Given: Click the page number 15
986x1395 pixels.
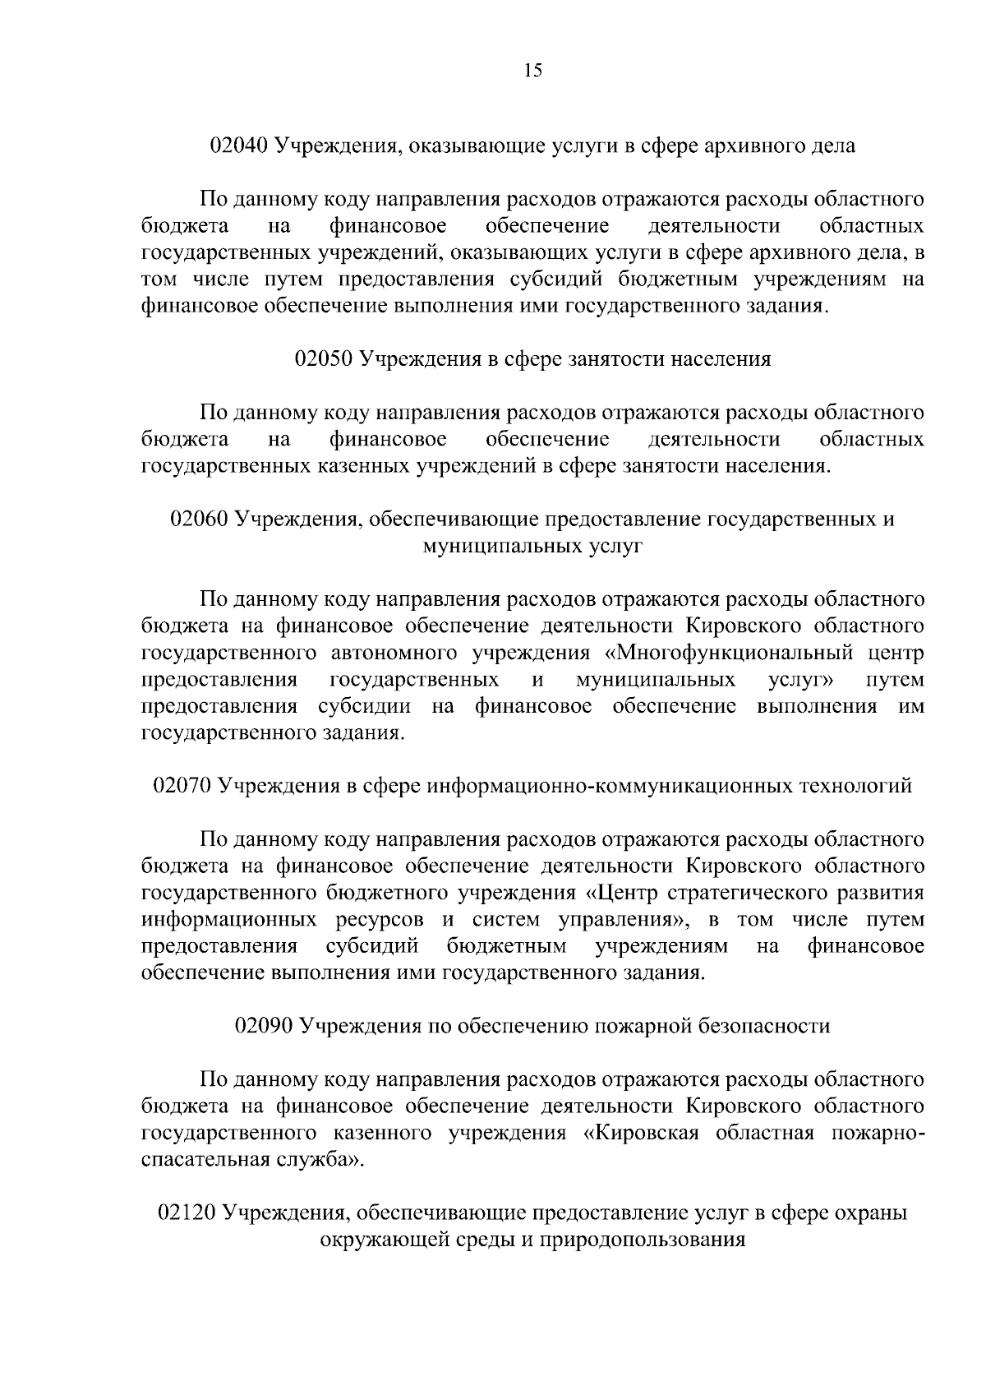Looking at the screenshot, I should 532,71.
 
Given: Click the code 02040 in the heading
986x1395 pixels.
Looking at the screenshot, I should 239,146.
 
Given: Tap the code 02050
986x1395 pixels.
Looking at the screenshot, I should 323,359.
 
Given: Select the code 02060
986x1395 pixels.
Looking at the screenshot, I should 199,520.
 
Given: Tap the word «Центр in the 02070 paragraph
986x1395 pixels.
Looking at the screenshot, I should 620,893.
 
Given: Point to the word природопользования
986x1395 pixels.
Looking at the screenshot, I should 643,1240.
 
